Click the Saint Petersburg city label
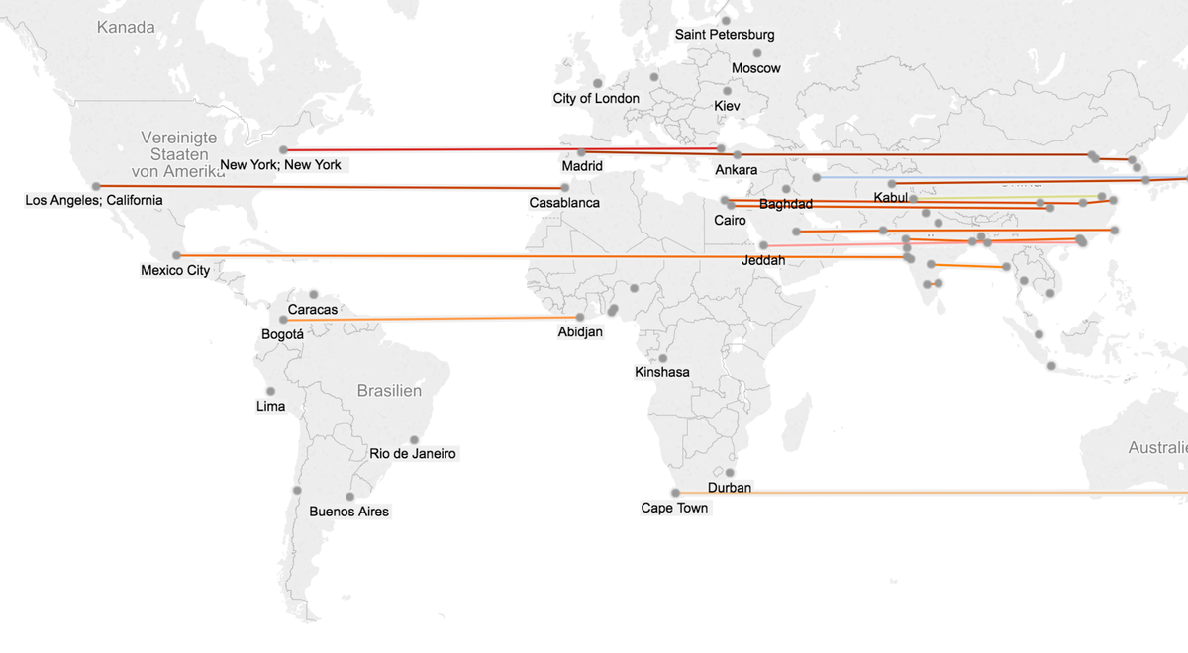point(725,35)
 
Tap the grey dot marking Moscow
point(757,53)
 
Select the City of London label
point(596,99)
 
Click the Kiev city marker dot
point(728,91)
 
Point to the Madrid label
point(582,166)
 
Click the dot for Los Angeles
point(96,186)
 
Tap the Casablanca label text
point(564,203)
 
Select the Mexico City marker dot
point(177,255)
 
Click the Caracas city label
point(313,310)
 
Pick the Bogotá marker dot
point(283,320)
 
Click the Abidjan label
point(580,332)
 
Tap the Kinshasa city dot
point(663,358)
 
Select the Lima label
point(270,407)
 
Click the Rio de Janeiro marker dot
point(414,440)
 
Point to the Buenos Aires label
point(349,512)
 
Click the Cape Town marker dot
point(676,493)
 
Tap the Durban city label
point(730,488)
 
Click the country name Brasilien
point(389,391)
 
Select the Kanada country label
point(126,27)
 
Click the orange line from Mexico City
point(495,256)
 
